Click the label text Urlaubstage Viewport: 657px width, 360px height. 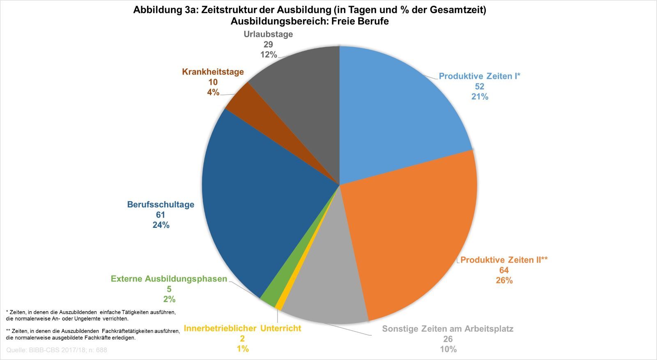tap(268, 34)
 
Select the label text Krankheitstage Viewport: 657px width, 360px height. tap(213, 72)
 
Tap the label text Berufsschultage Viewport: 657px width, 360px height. tap(161, 204)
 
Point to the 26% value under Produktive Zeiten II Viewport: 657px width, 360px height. tap(504, 280)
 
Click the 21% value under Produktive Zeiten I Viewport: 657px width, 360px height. tap(480, 96)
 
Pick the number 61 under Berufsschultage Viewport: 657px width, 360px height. tap(160, 215)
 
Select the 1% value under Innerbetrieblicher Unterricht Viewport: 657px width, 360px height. tap(242, 349)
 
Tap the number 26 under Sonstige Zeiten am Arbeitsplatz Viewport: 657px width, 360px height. tap(448, 339)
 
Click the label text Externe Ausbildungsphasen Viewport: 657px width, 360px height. tap(169, 279)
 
